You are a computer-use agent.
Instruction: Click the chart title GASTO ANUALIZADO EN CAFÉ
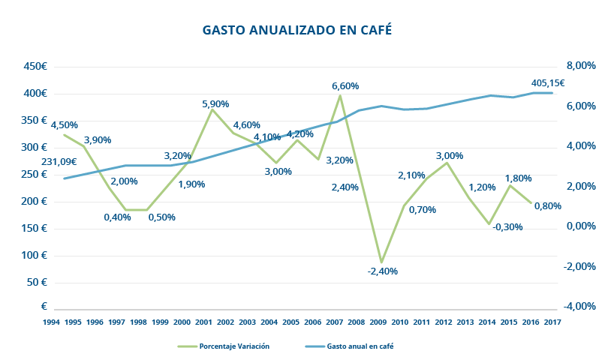(x=298, y=31)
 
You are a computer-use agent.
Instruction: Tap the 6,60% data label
(x=345, y=86)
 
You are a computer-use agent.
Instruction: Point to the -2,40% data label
(x=383, y=271)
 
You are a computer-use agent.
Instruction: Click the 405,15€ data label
(x=547, y=83)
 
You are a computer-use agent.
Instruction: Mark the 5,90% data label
(x=215, y=104)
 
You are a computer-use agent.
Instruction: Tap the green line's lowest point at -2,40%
(x=382, y=262)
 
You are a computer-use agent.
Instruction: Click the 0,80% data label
(x=547, y=206)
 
